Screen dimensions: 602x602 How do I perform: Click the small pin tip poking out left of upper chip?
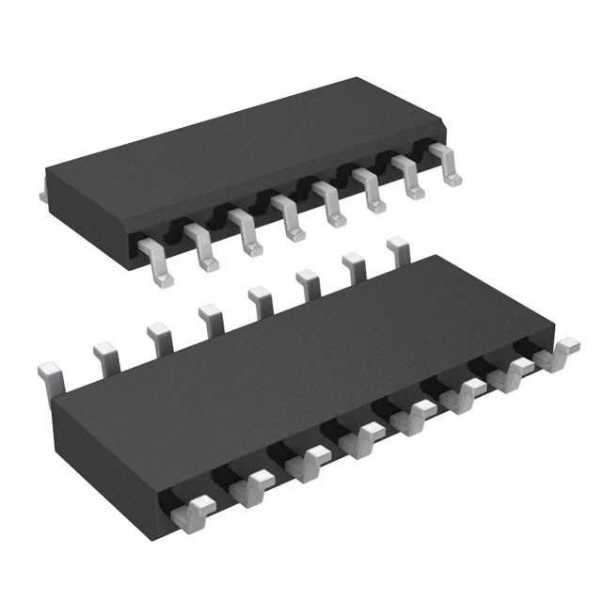pyautogui.click(x=43, y=194)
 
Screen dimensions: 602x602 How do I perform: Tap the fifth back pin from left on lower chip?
pyautogui.click(x=259, y=301)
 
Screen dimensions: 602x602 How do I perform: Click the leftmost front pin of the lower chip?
pyautogui.click(x=192, y=513)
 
